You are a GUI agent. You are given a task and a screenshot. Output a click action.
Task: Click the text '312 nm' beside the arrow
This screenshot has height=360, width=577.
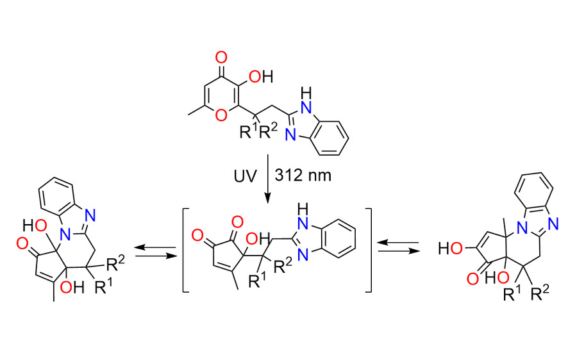(303, 176)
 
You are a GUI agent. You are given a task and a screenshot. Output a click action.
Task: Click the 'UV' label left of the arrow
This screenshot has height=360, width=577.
(245, 176)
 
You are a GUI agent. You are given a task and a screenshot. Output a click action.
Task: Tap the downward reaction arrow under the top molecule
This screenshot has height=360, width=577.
(267, 179)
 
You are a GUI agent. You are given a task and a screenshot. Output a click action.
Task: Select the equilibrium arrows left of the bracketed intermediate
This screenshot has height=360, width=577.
(155, 252)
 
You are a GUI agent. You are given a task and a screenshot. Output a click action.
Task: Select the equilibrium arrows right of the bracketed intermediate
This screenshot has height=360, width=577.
(399, 247)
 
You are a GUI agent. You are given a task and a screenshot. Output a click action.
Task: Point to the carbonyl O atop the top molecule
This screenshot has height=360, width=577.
(221, 58)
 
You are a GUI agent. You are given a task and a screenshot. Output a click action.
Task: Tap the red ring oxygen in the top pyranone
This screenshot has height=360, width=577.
(221, 115)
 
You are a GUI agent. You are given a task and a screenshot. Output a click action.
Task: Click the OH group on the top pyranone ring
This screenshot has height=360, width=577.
(261, 77)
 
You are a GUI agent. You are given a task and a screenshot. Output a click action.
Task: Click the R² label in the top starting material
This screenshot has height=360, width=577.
(267, 131)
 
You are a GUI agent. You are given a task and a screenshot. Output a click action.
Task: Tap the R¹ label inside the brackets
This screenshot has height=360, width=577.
(257, 281)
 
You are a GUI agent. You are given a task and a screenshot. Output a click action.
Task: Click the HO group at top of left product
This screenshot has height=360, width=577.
(35, 225)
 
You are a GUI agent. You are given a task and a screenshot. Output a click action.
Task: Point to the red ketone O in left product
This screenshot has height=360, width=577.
(22, 243)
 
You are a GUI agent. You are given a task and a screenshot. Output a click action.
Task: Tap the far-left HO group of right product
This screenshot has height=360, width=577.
(451, 249)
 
